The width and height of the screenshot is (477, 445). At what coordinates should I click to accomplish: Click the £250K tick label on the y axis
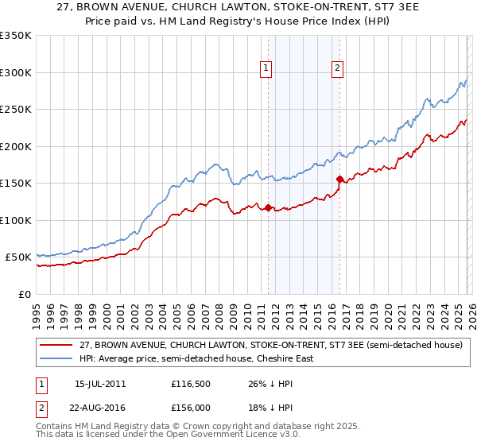16,109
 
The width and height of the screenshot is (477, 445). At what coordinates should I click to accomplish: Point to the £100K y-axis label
16,220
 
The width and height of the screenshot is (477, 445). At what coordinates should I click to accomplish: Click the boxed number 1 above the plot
266,69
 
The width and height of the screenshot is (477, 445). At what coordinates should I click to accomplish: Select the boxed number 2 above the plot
338,69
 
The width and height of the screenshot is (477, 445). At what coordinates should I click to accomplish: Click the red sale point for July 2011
268,208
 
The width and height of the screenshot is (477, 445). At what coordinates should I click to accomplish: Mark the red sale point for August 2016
340,179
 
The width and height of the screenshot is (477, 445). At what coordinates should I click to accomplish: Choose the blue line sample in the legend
57,358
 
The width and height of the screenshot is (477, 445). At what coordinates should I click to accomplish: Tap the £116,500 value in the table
192,384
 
